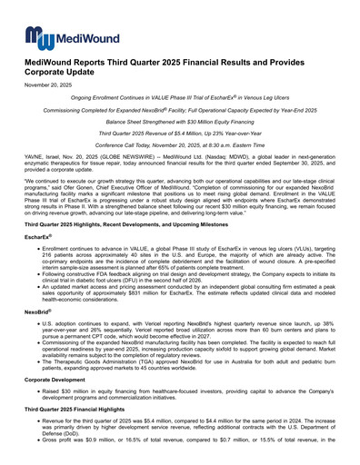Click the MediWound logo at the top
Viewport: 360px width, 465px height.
(x=62, y=35)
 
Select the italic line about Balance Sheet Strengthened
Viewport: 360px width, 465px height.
(x=179, y=146)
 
